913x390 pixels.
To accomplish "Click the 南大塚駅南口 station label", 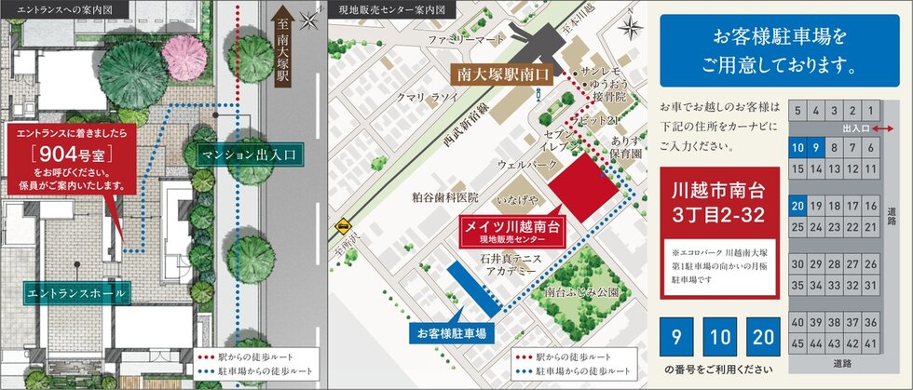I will [x=500, y=70].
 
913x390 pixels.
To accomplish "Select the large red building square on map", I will [x=583, y=189].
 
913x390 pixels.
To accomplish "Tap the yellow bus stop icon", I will [x=345, y=224].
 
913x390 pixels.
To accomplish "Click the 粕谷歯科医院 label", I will [x=444, y=197].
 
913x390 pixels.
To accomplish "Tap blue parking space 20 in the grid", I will [x=797, y=206].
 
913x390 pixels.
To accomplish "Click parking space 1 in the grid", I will [x=870, y=110].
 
